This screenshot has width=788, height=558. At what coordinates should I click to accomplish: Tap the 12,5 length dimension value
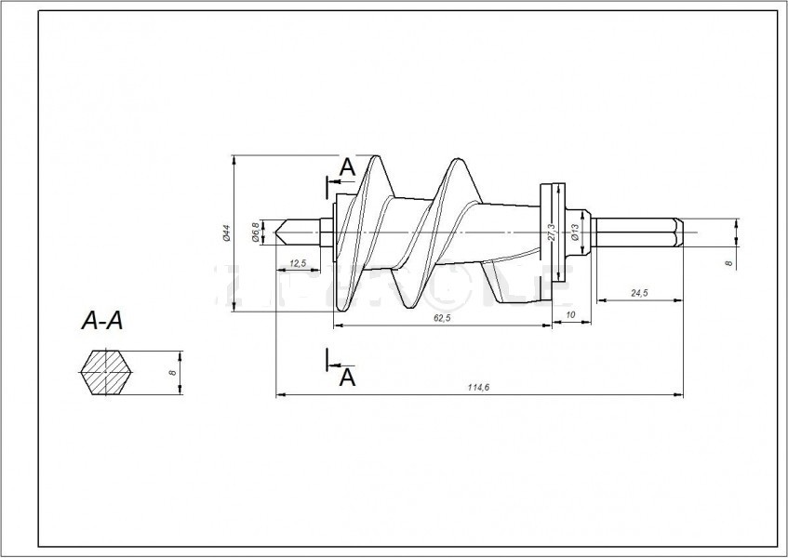[x=298, y=264]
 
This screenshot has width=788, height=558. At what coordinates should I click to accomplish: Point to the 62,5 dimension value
[x=441, y=318]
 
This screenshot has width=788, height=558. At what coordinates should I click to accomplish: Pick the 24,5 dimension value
[x=638, y=293]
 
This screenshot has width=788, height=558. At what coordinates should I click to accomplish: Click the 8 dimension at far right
[x=728, y=264]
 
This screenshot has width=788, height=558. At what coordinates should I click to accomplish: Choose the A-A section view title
[x=102, y=322]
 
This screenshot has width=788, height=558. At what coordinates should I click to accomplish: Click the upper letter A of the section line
[x=346, y=167]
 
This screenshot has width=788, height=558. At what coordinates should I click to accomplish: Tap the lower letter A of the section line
[x=346, y=377]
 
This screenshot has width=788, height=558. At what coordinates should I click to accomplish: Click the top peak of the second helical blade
[x=454, y=160]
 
